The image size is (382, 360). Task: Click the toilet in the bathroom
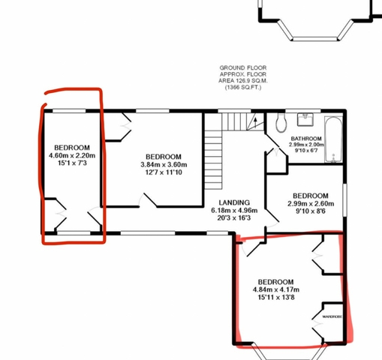pyautogui.click(x=281, y=122)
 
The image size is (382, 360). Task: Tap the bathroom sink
pyautogui.click(x=305, y=119)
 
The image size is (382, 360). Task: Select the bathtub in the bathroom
pyautogui.click(x=333, y=139)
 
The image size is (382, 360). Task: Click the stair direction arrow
pyautogui.click(x=255, y=122)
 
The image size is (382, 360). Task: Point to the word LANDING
pyautogui.click(x=234, y=202)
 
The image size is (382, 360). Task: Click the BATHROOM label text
pyautogui.click(x=306, y=139)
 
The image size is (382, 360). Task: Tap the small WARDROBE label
pyautogui.click(x=332, y=316)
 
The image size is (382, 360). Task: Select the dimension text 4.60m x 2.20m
pyautogui.click(x=72, y=155)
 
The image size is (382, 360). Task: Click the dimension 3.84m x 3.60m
pyautogui.click(x=164, y=165)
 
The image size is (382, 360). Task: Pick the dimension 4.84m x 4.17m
pyautogui.click(x=276, y=289)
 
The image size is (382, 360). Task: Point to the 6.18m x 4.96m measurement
pyautogui.click(x=234, y=210)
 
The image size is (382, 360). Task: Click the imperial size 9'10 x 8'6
pyautogui.click(x=311, y=211)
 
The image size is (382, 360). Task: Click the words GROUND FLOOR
pyautogui.click(x=243, y=67)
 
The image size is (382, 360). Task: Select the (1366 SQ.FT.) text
pyautogui.click(x=243, y=88)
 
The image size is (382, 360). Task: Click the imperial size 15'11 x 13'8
pyautogui.click(x=276, y=298)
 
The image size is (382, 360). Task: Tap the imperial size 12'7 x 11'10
pyautogui.click(x=164, y=172)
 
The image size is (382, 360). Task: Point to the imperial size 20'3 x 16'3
pyautogui.click(x=234, y=218)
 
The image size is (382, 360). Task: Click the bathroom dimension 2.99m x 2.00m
pyautogui.click(x=306, y=145)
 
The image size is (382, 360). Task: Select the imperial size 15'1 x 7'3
pyautogui.click(x=72, y=163)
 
